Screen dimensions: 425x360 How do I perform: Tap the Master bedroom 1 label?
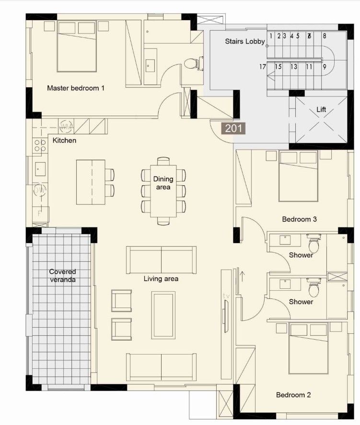pyautogui.click(x=76, y=88)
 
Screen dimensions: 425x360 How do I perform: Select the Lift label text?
pyautogui.click(x=321, y=110)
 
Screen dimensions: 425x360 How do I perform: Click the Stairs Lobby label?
pyautogui.click(x=245, y=42)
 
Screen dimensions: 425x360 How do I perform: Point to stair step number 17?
pyautogui.click(x=263, y=67)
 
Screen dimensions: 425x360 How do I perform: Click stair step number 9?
pyautogui.click(x=325, y=67)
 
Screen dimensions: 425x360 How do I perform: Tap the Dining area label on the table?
pyautogui.click(x=163, y=183)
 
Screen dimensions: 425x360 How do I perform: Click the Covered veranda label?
pyautogui.click(x=62, y=275)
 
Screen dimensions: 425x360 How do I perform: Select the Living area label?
pyautogui.click(x=161, y=279)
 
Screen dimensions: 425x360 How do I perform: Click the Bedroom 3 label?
pyautogui.click(x=299, y=219)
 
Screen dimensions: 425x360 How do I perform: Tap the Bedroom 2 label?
pyautogui.click(x=293, y=395)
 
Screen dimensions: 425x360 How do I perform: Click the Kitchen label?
pyautogui.click(x=64, y=141)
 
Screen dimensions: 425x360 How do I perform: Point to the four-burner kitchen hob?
pyautogui.click(x=40, y=145)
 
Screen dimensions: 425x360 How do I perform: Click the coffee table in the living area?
pyautogui.click(x=163, y=315)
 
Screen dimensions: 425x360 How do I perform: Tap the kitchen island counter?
pyautogui.click(x=91, y=181)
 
